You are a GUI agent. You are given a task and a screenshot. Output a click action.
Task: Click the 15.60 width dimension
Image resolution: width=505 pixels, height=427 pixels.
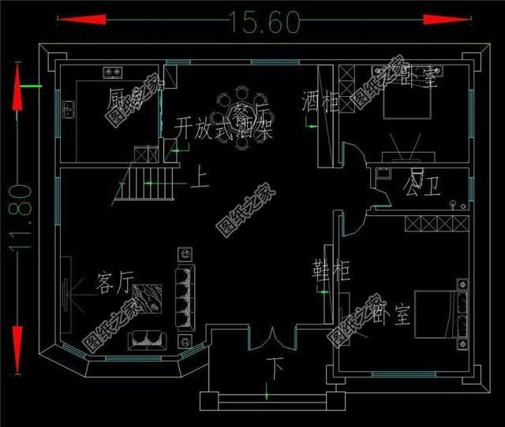[265, 22]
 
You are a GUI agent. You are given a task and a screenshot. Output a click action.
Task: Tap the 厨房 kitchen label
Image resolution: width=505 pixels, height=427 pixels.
[127, 99]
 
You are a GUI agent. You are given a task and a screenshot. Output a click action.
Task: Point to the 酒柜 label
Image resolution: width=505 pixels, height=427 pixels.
[320, 102]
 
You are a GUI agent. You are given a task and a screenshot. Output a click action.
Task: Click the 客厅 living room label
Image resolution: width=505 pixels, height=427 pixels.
[115, 283]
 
